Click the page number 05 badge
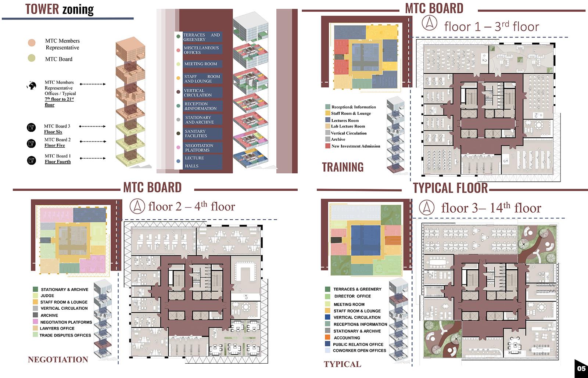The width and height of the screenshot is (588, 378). [x=581, y=368]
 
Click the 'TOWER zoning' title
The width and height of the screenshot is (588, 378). [x=60, y=9]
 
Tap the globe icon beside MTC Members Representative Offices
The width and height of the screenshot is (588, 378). [x=32, y=86]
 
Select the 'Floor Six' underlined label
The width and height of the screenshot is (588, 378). [x=53, y=132]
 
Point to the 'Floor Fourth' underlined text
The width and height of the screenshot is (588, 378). [x=58, y=162]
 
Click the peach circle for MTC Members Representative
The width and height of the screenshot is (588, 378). [x=32, y=43]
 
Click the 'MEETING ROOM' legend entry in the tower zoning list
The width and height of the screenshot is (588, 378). [x=201, y=64]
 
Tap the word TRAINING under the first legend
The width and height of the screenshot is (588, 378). [x=343, y=167]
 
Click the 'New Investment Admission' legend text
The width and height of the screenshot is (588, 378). [x=356, y=146]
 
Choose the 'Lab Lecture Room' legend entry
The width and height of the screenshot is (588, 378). [x=348, y=126]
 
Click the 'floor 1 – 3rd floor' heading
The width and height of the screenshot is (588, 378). [x=491, y=26]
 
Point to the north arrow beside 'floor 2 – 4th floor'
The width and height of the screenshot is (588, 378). [x=139, y=206]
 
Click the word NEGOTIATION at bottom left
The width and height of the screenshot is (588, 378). [x=58, y=360]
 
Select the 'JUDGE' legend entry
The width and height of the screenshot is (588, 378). [x=47, y=296]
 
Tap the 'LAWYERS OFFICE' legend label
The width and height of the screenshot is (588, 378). [x=57, y=328]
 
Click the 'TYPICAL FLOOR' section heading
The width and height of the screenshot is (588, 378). [x=450, y=188]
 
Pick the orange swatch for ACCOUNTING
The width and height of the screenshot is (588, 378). [x=327, y=338]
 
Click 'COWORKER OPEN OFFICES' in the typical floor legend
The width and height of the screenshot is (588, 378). [x=359, y=351]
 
